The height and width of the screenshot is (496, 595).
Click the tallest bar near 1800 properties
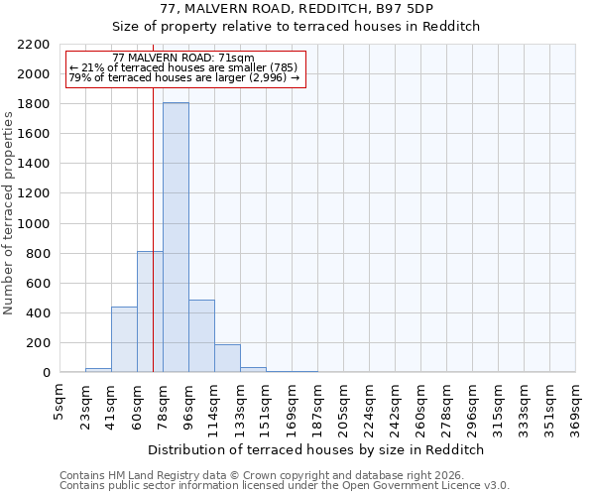pyautogui.click(x=176, y=238)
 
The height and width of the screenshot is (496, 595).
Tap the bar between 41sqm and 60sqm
pyautogui.click(x=124, y=340)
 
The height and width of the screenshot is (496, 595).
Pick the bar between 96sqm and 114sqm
pyautogui.click(x=201, y=336)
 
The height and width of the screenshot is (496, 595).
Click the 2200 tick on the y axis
pyautogui.click(x=34, y=45)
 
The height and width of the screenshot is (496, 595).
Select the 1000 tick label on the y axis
pyautogui.click(x=34, y=224)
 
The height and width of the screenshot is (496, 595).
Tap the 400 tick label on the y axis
pyautogui.click(x=38, y=313)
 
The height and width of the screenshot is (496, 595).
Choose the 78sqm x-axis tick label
pyautogui.click(x=163, y=404)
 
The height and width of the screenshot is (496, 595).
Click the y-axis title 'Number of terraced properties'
pyautogui.click(x=9, y=213)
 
